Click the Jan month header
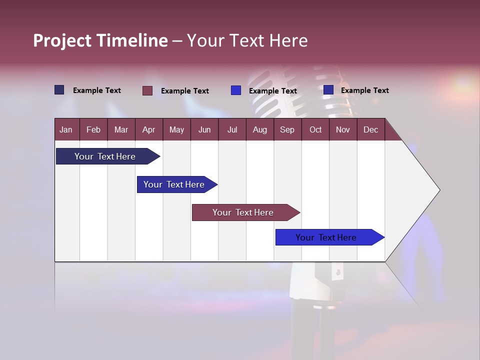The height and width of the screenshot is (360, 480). point(66,129)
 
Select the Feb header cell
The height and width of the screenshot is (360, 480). point(93,129)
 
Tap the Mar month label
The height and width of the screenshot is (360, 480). point(121,129)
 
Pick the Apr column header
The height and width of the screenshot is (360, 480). point(149,129)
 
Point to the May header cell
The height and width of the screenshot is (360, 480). point(176,129)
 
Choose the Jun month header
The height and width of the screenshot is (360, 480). point(204,129)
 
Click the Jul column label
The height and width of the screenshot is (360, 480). point(232,129)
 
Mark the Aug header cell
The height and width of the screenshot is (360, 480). point(260,129)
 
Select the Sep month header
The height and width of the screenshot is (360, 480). point(287,129)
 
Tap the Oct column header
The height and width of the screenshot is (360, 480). point(315,129)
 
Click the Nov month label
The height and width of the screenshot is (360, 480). point(343,129)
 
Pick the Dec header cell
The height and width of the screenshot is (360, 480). point(371,129)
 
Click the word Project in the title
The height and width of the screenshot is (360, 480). point(62,40)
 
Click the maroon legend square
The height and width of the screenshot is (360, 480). point(147,90)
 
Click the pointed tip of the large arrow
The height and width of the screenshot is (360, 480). point(438,190)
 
